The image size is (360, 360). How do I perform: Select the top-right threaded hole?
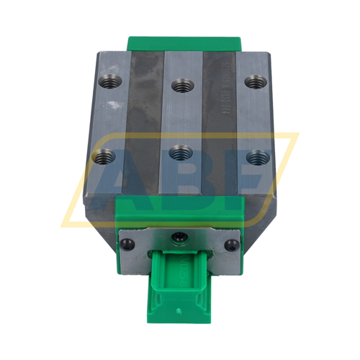point(252,81)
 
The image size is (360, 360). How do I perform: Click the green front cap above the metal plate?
point(180,212)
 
